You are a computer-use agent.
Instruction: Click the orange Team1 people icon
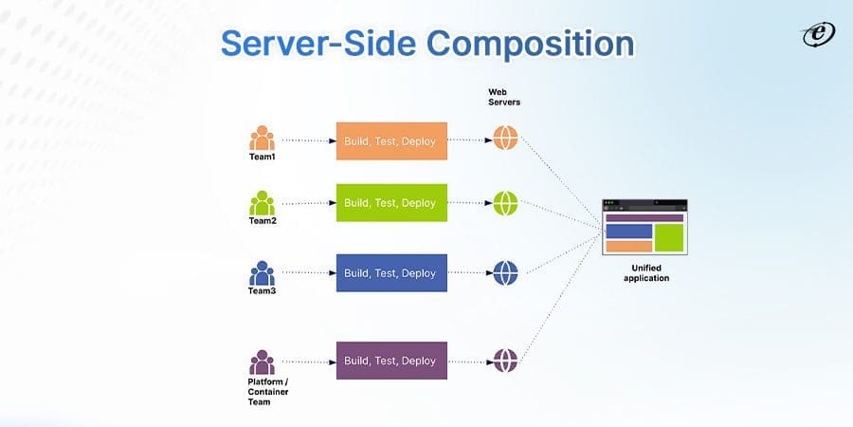[x=262, y=139]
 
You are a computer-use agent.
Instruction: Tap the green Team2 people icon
[x=262, y=202]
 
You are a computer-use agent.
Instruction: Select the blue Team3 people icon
[x=262, y=273]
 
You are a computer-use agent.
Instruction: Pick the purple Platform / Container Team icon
[x=262, y=362]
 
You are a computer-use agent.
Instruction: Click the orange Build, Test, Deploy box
[x=390, y=140]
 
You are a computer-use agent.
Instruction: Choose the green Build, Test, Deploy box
[x=390, y=203]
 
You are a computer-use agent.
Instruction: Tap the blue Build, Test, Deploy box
[x=390, y=273]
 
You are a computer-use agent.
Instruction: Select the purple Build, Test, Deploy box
[x=390, y=361]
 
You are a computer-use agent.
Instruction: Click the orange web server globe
[x=505, y=139]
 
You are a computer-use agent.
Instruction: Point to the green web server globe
[x=505, y=203]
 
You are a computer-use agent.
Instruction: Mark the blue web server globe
[x=505, y=273]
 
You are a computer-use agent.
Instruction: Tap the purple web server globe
[x=505, y=361]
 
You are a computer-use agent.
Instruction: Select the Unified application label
[x=645, y=272]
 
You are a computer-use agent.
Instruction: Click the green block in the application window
[x=669, y=237]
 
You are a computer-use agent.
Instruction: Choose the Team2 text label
[x=262, y=221]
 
